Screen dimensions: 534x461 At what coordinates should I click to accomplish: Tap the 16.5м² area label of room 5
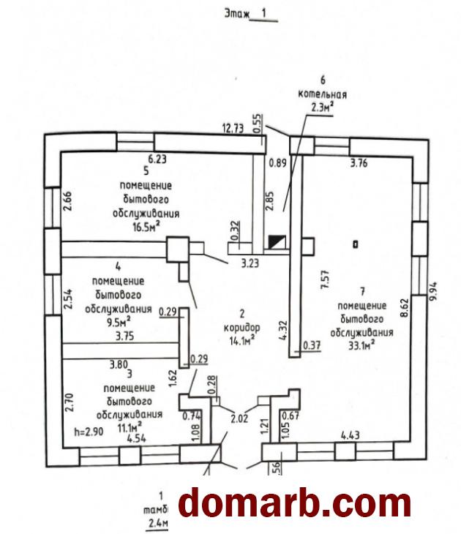point(146,227)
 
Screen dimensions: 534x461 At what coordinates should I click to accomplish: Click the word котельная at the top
point(322,95)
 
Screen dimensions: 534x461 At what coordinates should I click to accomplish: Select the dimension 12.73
point(233,129)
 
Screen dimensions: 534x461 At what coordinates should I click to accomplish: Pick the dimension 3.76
point(359,164)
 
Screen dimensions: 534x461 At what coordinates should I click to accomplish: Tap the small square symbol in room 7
point(355,244)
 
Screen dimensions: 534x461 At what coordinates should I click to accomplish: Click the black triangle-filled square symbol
point(277,241)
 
